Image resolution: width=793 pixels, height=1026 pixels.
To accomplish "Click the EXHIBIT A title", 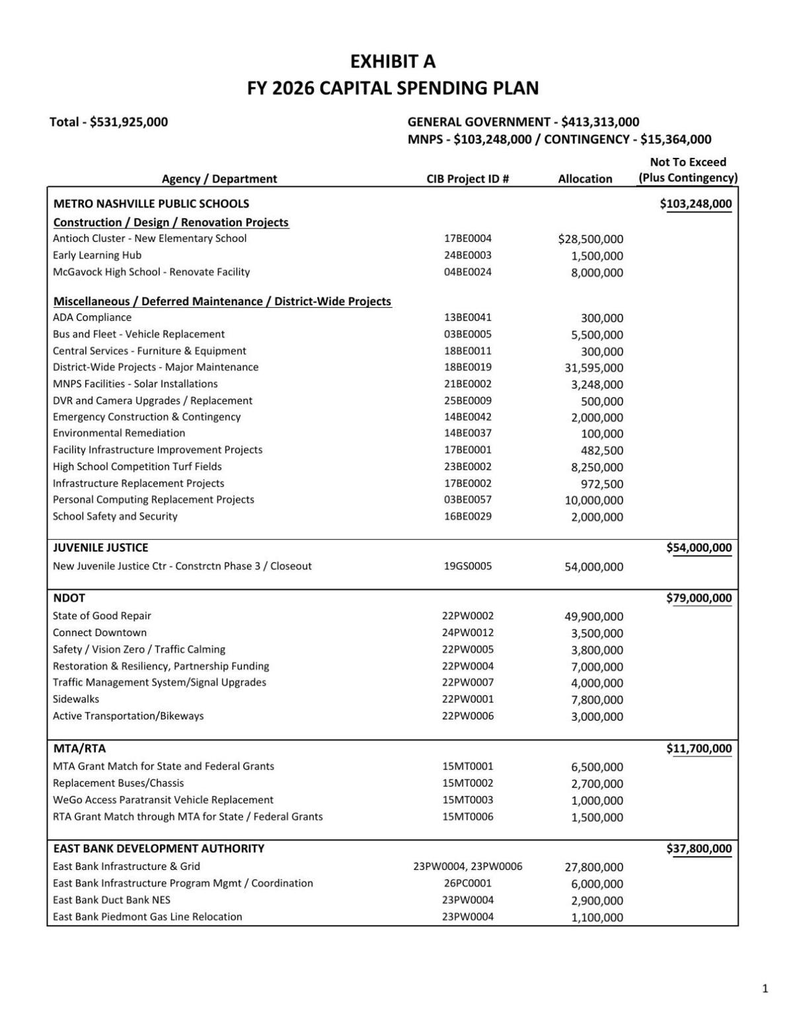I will click(x=393, y=61).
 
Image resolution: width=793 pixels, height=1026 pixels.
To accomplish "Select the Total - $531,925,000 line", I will click(x=108, y=122).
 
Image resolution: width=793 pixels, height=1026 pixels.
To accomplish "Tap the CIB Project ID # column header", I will click(x=467, y=178).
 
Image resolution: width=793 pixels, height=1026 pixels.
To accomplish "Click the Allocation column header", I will click(x=585, y=178).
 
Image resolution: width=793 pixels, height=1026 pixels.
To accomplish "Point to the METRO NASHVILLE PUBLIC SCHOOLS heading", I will click(x=151, y=203).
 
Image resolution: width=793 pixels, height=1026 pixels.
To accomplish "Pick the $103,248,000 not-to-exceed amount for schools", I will click(x=695, y=203).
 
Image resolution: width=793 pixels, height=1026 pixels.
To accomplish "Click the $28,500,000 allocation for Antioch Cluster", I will click(x=590, y=239).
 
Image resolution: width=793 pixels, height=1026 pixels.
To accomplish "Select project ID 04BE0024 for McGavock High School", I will click(x=467, y=272).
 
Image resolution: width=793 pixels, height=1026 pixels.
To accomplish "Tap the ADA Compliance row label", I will click(x=92, y=317).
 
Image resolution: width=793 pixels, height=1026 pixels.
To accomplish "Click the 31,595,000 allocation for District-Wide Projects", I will click(x=593, y=368).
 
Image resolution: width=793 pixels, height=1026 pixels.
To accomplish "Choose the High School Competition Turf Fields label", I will click(x=137, y=466).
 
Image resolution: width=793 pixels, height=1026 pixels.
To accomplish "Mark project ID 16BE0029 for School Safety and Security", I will click(x=467, y=516).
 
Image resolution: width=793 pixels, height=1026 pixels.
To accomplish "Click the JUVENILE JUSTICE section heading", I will click(x=100, y=547).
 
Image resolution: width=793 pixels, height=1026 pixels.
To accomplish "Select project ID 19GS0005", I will click(x=467, y=566).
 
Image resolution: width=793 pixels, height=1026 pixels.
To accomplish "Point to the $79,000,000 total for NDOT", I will click(x=699, y=599).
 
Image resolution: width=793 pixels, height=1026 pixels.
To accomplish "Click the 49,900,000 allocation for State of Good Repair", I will click(x=593, y=616).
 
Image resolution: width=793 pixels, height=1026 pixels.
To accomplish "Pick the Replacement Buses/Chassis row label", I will click(x=118, y=783).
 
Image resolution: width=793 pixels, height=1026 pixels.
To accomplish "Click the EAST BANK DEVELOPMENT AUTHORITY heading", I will click(x=159, y=848).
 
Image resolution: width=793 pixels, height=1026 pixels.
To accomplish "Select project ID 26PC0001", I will click(x=467, y=883).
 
